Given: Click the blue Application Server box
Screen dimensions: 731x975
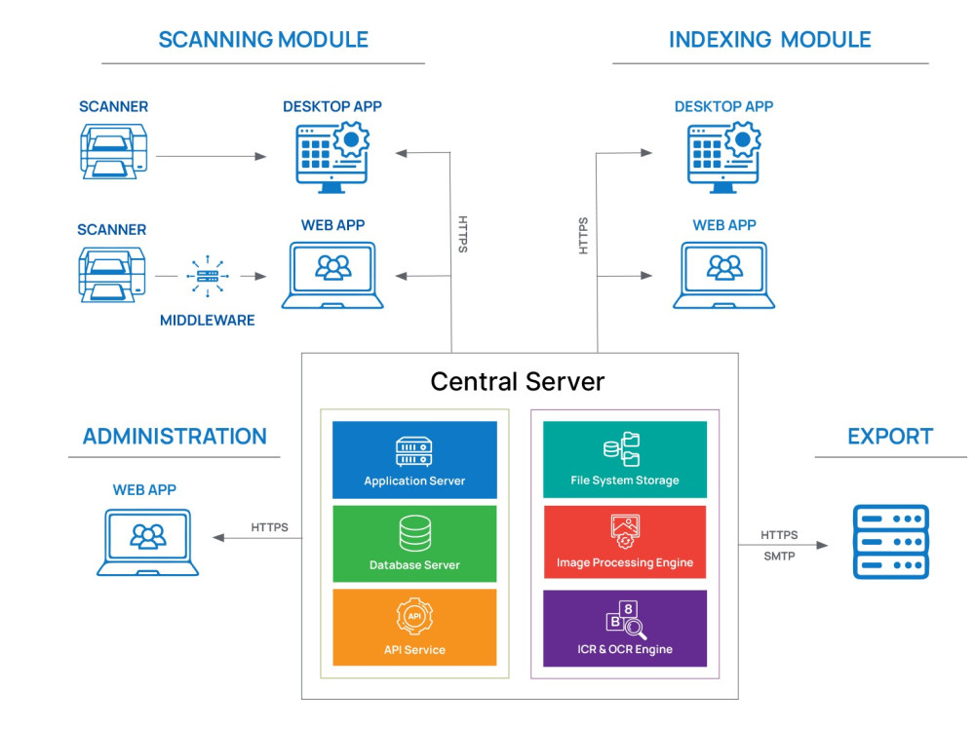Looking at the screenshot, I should [414, 460].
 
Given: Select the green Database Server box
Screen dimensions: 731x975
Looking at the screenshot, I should [414, 544].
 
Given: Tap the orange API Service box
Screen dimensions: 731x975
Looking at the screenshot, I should [414, 628].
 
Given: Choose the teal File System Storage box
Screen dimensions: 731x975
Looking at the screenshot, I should [624, 460].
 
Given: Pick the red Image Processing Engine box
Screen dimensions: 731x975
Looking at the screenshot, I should [624, 542].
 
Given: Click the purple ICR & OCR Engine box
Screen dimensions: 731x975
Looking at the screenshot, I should [624, 628].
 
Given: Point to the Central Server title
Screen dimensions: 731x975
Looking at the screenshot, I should [518, 381].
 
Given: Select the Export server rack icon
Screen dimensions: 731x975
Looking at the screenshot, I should [891, 542].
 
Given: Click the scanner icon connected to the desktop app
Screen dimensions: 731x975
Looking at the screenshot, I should [112, 151].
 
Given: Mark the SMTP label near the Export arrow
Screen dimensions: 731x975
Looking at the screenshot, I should [779, 557].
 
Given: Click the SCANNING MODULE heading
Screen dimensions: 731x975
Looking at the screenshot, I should [263, 40].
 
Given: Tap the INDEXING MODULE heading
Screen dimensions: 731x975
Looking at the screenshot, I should [769, 40].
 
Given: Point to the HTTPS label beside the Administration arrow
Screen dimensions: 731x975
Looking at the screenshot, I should [270, 527].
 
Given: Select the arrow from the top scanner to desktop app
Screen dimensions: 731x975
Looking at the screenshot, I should [211, 156].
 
